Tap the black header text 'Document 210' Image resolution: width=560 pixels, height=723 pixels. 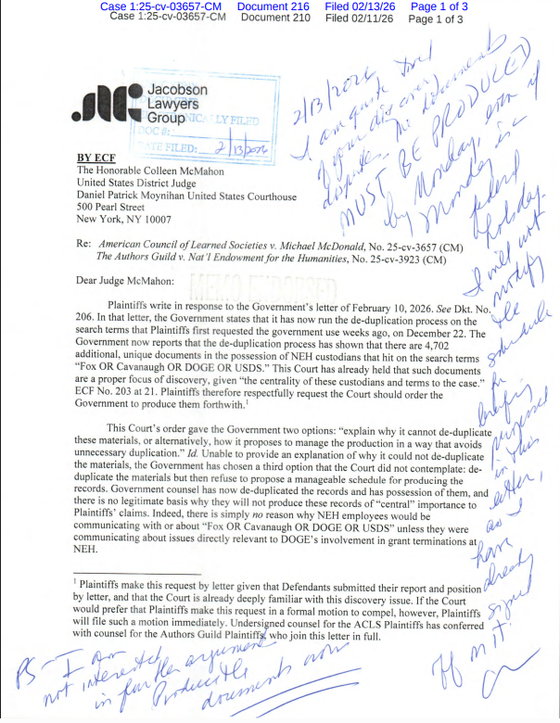(x=275, y=17)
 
